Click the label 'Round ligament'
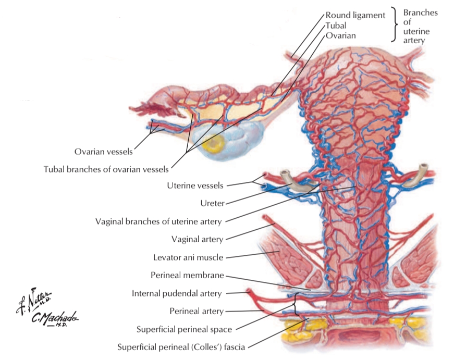pos(355,15)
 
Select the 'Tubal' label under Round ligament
pos(336,26)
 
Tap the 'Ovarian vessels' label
pos(103,152)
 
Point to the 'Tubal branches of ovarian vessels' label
pos(107,169)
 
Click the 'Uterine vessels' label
pos(195,185)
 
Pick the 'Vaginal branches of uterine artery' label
pos(158,221)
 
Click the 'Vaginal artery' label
pos(197,239)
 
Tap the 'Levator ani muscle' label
pos(188,257)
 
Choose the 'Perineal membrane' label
pos(187,275)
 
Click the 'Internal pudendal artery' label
pos(177,293)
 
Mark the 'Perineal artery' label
pos(197,311)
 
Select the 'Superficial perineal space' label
pos(184,329)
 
